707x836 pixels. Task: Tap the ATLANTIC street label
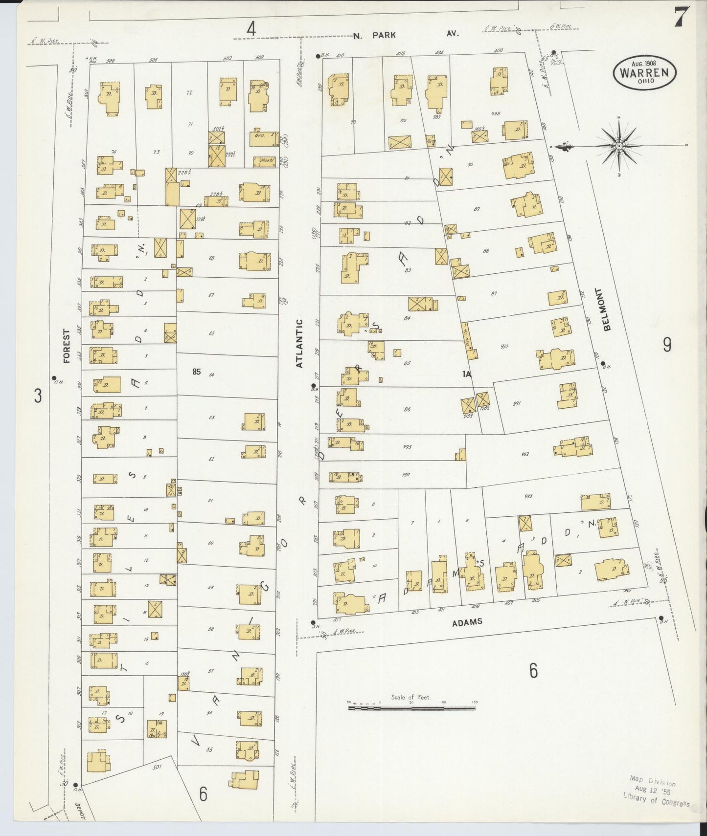pyautogui.click(x=299, y=343)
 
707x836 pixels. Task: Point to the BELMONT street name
pyautogui.click(x=607, y=309)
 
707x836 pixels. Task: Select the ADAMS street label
pyautogui.click(x=467, y=622)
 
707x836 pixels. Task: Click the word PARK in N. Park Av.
pyautogui.click(x=383, y=35)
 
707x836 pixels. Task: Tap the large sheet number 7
pyautogui.click(x=681, y=18)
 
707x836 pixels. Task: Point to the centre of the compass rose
pyautogui.click(x=619, y=146)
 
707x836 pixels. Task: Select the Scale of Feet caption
pyautogui.click(x=411, y=697)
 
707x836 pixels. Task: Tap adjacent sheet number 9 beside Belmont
pyautogui.click(x=667, y=345)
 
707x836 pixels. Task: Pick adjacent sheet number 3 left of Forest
pyautogui.click(x=38, y=395)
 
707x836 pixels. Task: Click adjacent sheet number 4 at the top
pyautogui.click(x=251, y=29)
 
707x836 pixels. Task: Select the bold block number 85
pyautogui.click(x=196, y=372)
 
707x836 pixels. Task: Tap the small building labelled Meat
pyautogui.click(x=265, y=161)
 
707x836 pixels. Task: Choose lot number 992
pyautogui.click(x=525, y=454)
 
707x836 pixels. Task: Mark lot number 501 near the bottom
pyautogui.click(x=157, y=767)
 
